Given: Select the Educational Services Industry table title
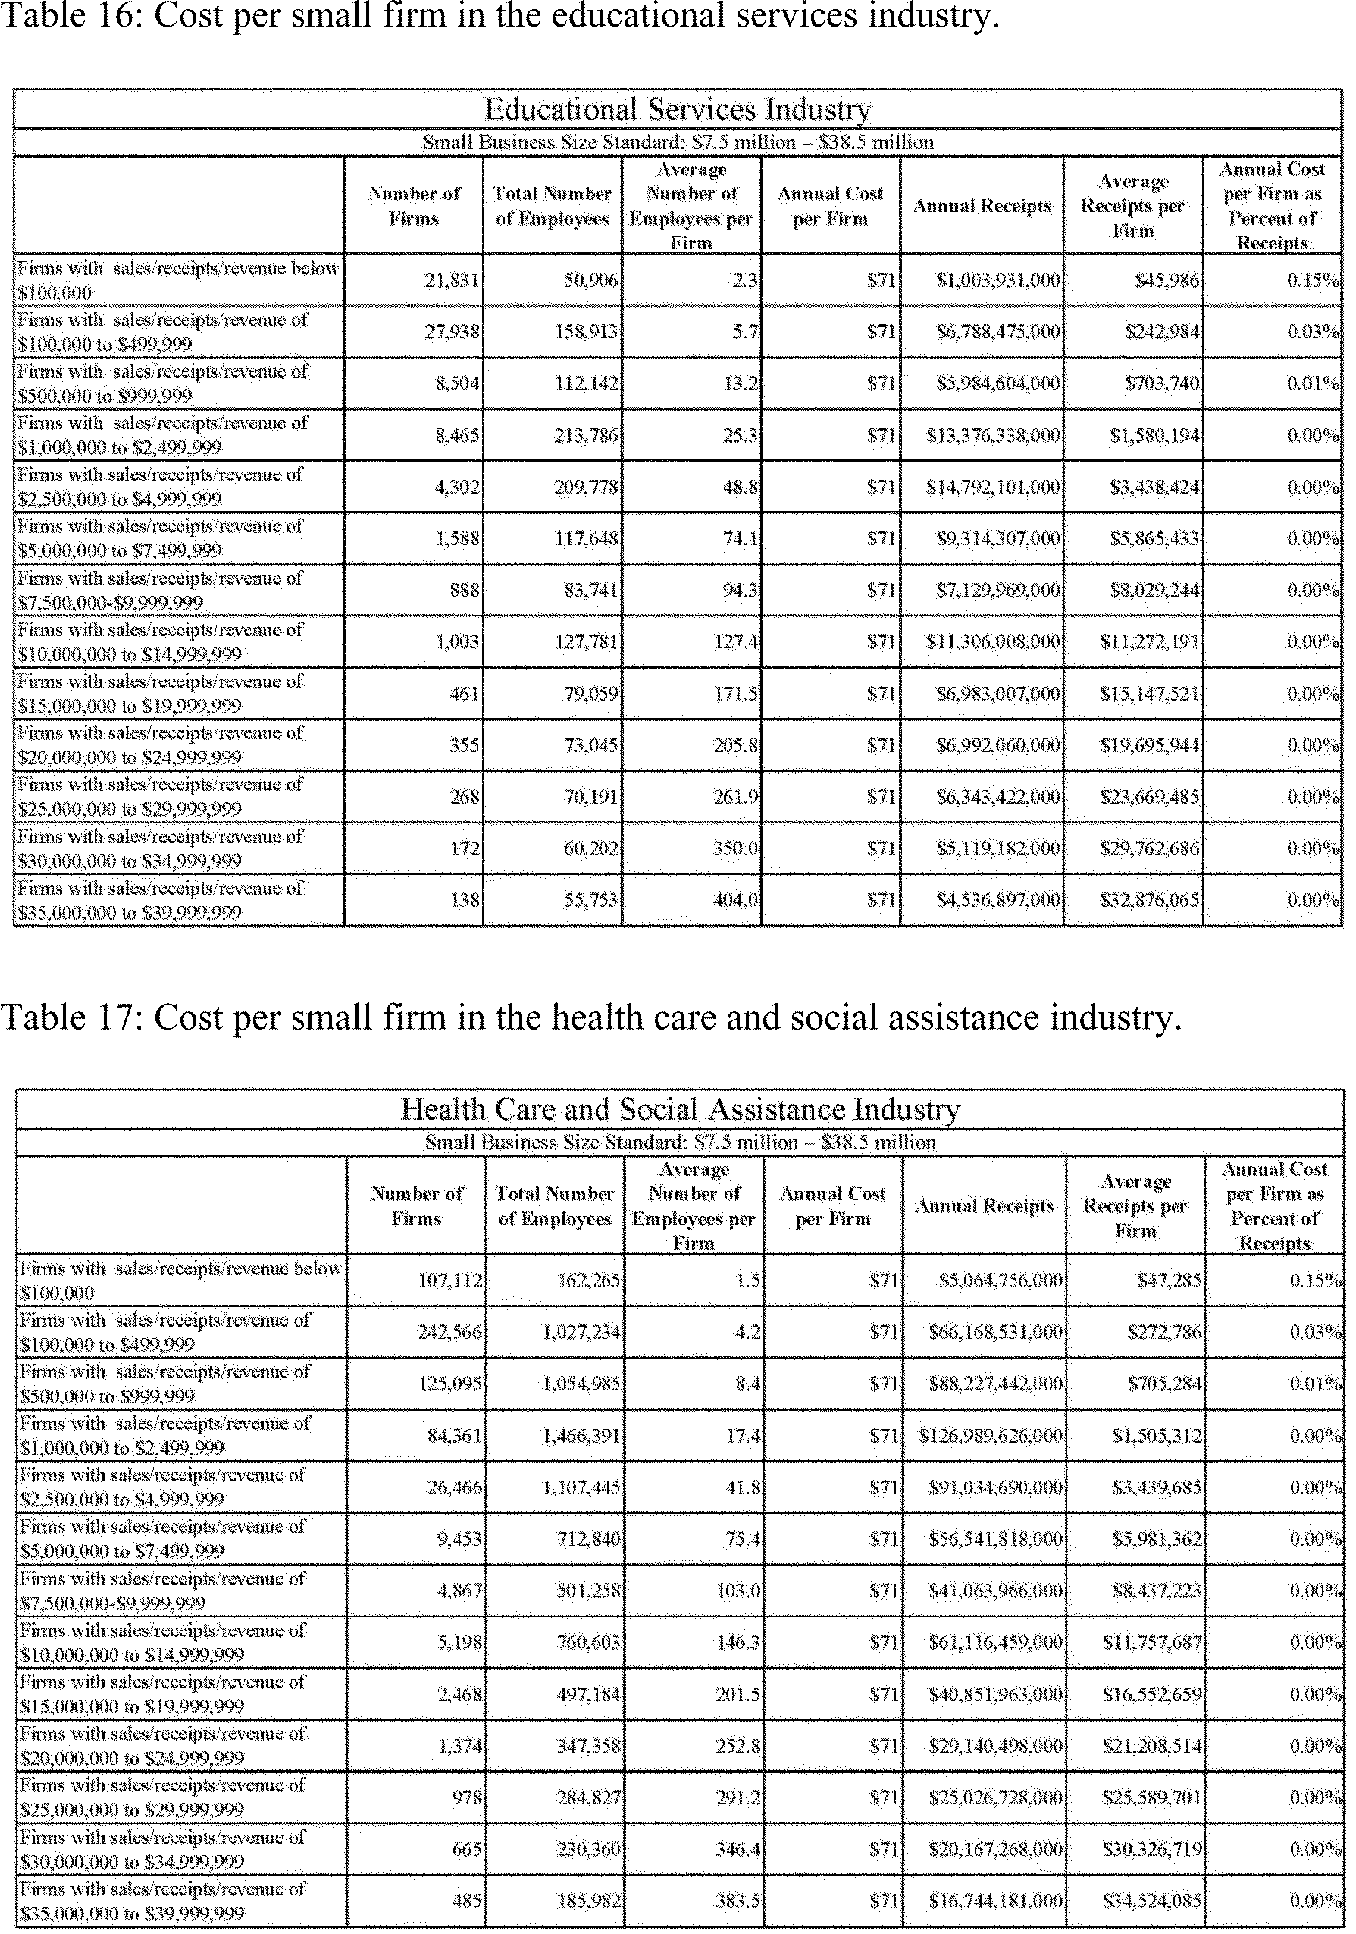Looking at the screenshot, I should [677, 109].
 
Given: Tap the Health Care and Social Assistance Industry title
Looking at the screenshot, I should [679, 1109].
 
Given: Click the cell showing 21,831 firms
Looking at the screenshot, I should [453, 281].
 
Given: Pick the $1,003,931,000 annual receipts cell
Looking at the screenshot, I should [998, 281].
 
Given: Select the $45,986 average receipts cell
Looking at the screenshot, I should [1167, 281].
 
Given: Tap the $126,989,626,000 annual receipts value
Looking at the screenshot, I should [994, 1435].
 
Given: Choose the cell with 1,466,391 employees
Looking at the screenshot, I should [581, 1435].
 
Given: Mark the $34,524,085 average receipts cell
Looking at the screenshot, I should [1152, 1901].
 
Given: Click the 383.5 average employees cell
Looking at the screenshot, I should [738, 1901].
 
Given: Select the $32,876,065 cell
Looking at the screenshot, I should [1150, 901].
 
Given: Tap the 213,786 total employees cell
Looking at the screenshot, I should [586, 435].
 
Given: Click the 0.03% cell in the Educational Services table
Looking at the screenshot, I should [1313, 332].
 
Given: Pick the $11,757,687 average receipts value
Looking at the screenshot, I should [1152, 1641].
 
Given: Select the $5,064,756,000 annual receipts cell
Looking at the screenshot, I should [1001, 1280].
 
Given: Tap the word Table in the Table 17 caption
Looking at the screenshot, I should [38, 1017].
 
